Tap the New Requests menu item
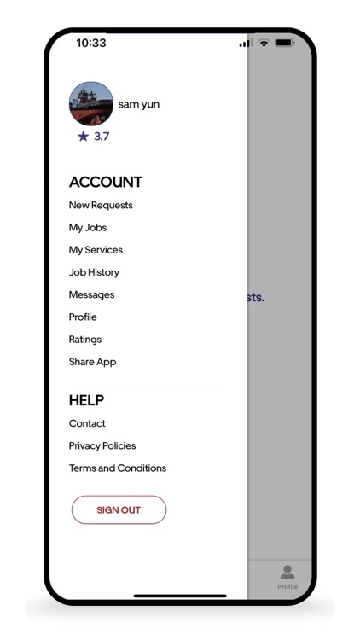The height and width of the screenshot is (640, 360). click(101, 205)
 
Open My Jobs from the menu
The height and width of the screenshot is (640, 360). click(88, 228)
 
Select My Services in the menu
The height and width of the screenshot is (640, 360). click(96, 250)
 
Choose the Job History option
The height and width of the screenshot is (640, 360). click(94, 272)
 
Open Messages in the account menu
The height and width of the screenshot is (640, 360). click(91, 294)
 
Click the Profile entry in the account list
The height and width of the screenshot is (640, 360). click(83, 317)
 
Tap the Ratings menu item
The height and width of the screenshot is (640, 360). click(85, 340)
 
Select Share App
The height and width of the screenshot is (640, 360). click(92, 362)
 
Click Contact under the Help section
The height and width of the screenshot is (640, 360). click(87, 423)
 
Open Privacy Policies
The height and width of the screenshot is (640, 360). click(102, 445)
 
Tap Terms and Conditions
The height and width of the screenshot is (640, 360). click(118, 468)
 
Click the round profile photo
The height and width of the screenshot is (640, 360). click(91, 104)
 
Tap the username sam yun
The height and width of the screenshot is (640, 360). click(139, 104)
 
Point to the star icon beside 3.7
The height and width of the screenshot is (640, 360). click(83, 137)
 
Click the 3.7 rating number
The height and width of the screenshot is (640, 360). click(102, 137)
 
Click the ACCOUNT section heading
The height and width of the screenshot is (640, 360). click(106, 182)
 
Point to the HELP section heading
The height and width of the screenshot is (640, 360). click(86, 400)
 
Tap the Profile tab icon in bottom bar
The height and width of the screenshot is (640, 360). click(287, 573)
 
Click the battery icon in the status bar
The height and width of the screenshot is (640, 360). click(284, 43)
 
